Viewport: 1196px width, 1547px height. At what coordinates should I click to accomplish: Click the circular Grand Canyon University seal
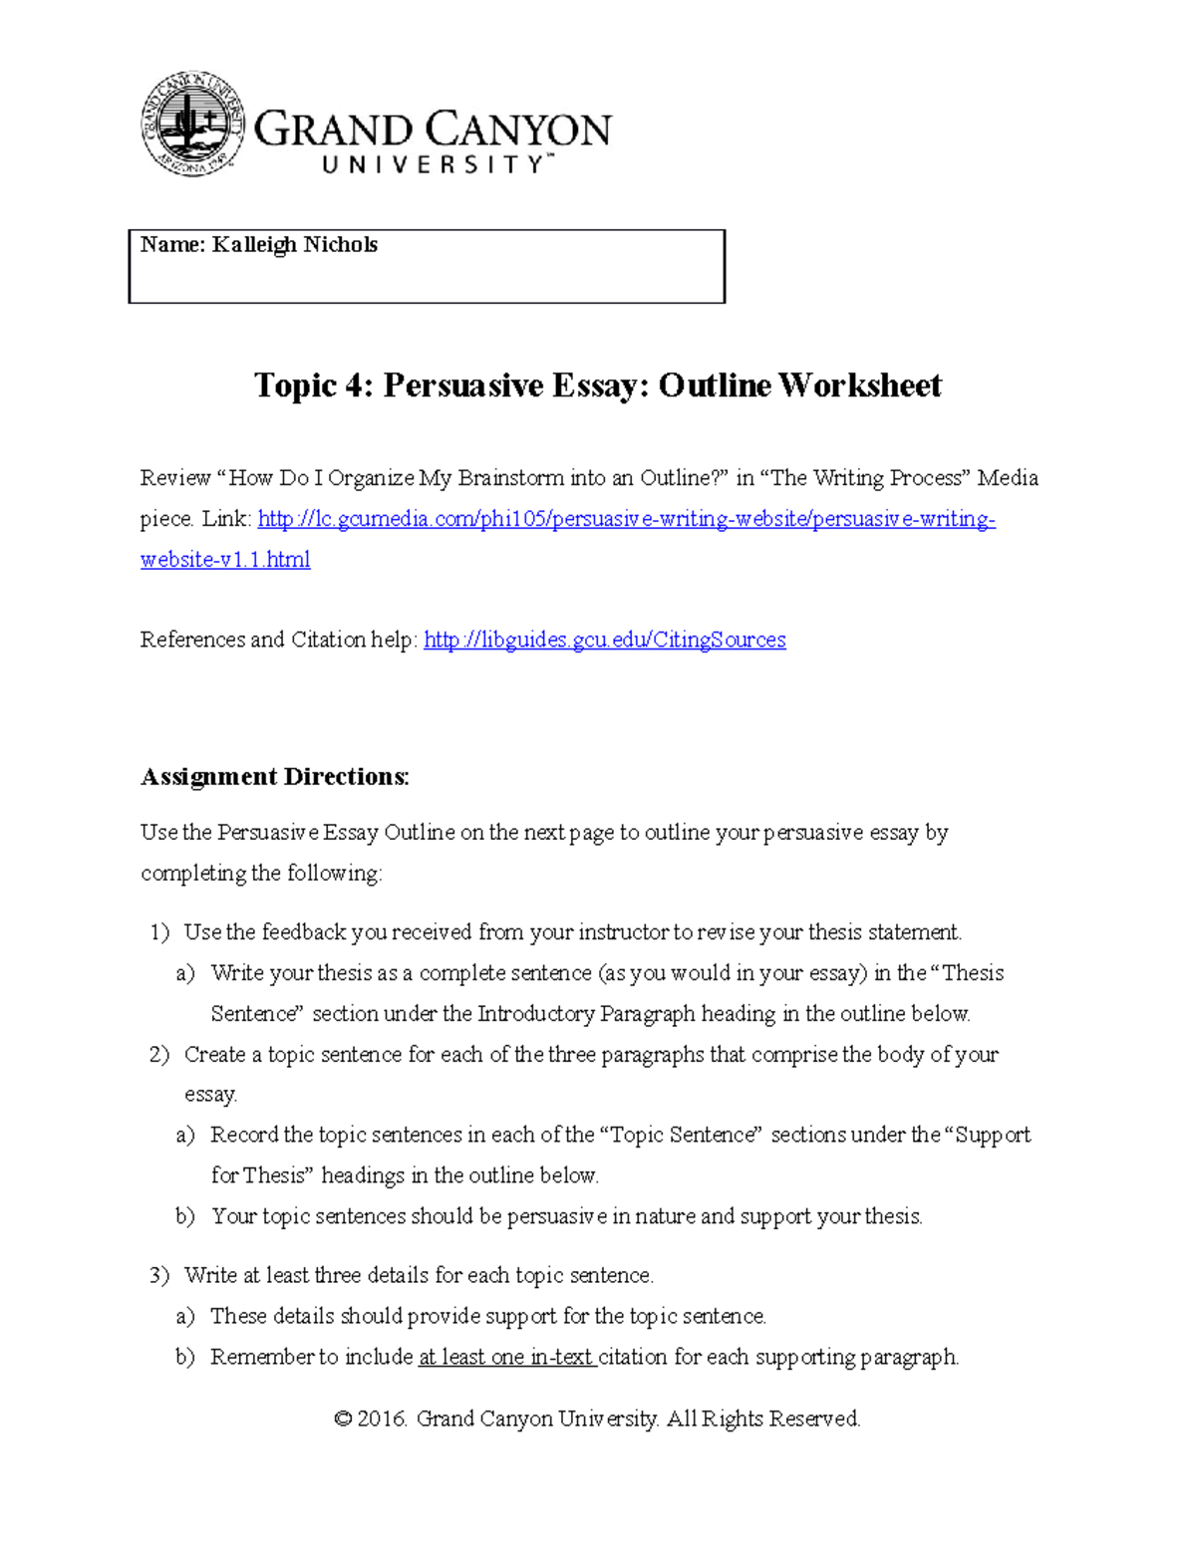click(192, 124)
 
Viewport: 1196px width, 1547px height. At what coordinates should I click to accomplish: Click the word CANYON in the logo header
click(519, 130)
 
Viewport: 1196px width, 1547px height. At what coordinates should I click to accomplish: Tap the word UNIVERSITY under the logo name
click(434, 165)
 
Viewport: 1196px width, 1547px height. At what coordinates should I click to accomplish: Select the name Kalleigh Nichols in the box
click(294, 245)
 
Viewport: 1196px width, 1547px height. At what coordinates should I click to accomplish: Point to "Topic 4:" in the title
click(314, 386)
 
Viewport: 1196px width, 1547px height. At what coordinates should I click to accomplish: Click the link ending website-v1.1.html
click(225, 560)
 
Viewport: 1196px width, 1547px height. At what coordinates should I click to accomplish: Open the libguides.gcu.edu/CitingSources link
click(604, 640)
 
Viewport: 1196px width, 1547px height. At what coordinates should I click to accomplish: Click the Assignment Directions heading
click(274, 777)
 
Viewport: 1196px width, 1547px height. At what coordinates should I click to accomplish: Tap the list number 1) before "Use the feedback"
click(159, 932)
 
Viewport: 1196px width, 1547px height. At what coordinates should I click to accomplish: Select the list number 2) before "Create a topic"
click(159, 1055)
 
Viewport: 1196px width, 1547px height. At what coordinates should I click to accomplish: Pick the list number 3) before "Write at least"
click(159, 1276)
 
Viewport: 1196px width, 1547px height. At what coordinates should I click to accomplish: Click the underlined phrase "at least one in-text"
click(506, 1357)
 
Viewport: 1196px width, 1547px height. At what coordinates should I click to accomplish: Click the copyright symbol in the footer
click(343, 1418)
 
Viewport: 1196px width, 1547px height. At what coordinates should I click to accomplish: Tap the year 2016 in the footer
click(382, 1418)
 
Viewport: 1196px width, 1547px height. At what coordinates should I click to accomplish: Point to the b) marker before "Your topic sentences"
click(185, 1216)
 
